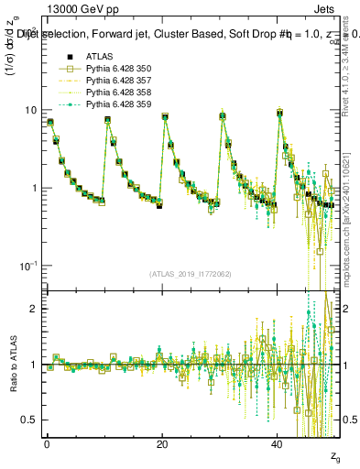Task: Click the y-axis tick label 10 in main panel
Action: pyautogui.click(x=30, y=110)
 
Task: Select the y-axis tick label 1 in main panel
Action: pyautogui.click(x=33, y=188)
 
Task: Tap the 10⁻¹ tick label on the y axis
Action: pyautogui.click(x=28, y=266)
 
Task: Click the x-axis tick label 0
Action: pyautogui.click(x=47, y=443)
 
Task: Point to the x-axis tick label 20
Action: pyautogui.click(x=162, y=443)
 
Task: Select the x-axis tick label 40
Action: pyautogui.click(x=278, y=443)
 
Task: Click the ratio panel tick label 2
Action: pyautogui.click(x=33, y=309)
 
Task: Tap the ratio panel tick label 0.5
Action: pyautogui.click(x=29, y=420)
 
